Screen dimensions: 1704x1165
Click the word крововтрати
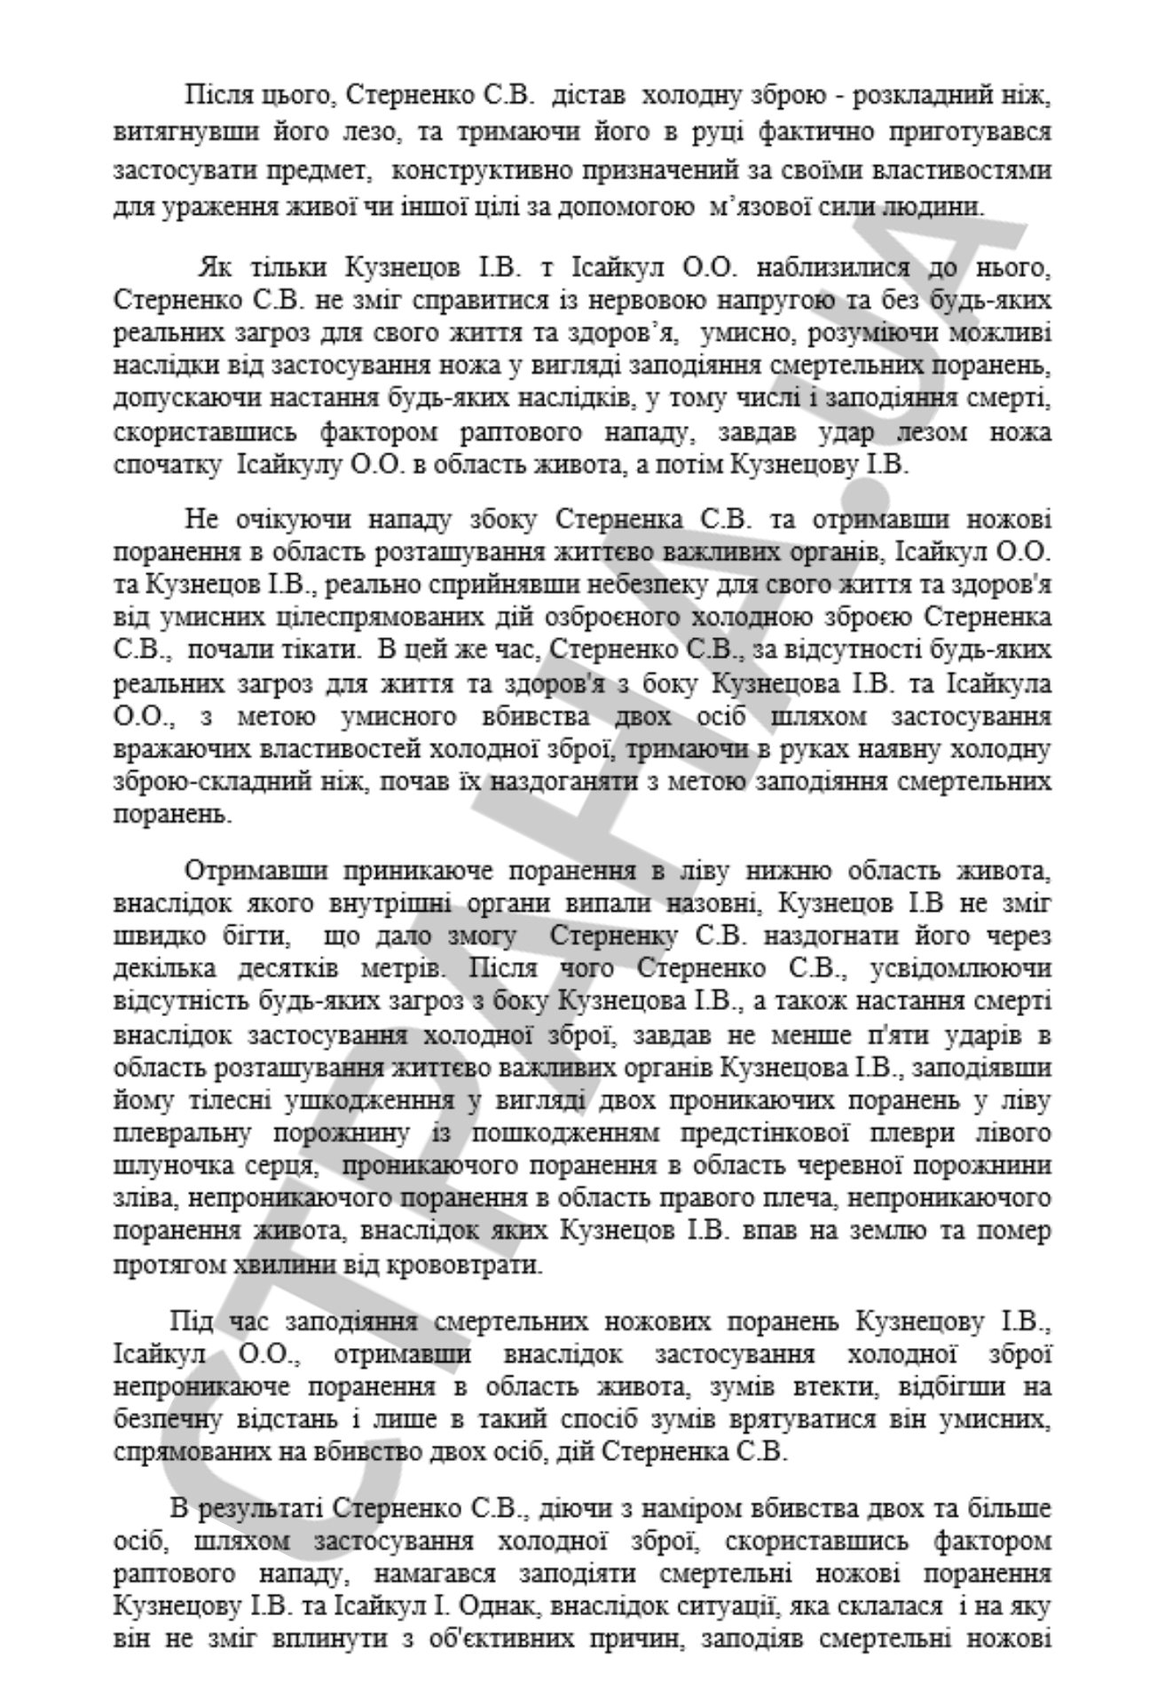[455, 1264]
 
